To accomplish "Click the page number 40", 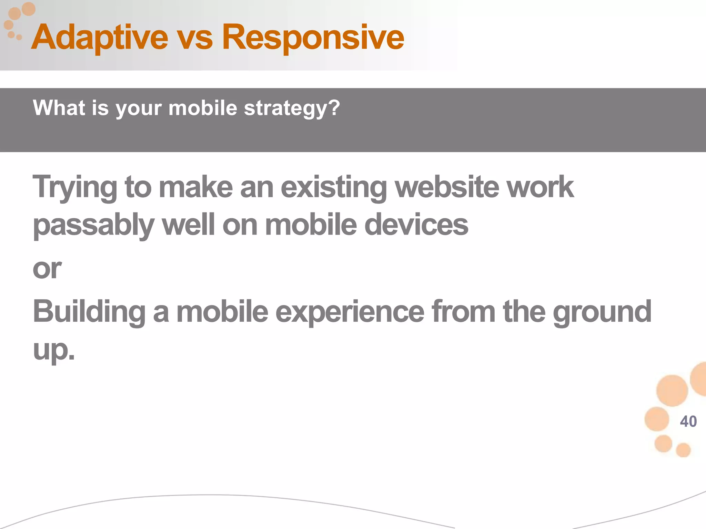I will [688, 422].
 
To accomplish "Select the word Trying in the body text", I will [74, 188].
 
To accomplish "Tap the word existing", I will [334, 188].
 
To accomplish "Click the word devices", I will [416, 225].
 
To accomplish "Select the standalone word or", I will [47, 269].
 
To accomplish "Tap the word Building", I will [89, 312].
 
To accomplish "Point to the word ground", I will [602, 312].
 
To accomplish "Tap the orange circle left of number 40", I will [657, 419].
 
